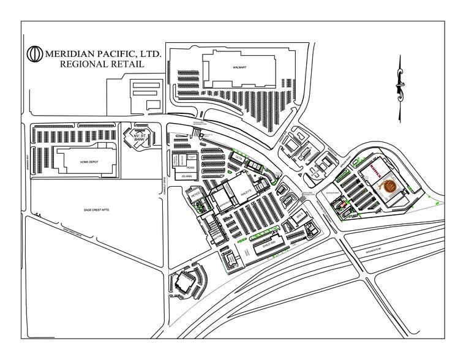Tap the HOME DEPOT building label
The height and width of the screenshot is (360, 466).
(89, 162)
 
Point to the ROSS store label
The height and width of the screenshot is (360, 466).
(190, 166)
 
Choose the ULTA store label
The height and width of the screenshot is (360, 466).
(238, 158)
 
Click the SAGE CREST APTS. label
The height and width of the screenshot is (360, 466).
(96, 210)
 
